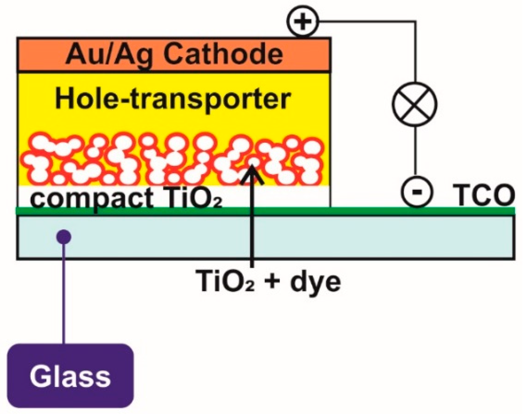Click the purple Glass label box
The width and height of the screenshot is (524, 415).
click(70, 375)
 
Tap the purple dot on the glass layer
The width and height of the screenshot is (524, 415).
click(64, 237)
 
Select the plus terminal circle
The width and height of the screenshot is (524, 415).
click(303, 22)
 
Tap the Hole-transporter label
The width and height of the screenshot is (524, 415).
click(173, 99)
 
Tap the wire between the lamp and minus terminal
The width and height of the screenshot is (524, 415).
click(415, 152)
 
